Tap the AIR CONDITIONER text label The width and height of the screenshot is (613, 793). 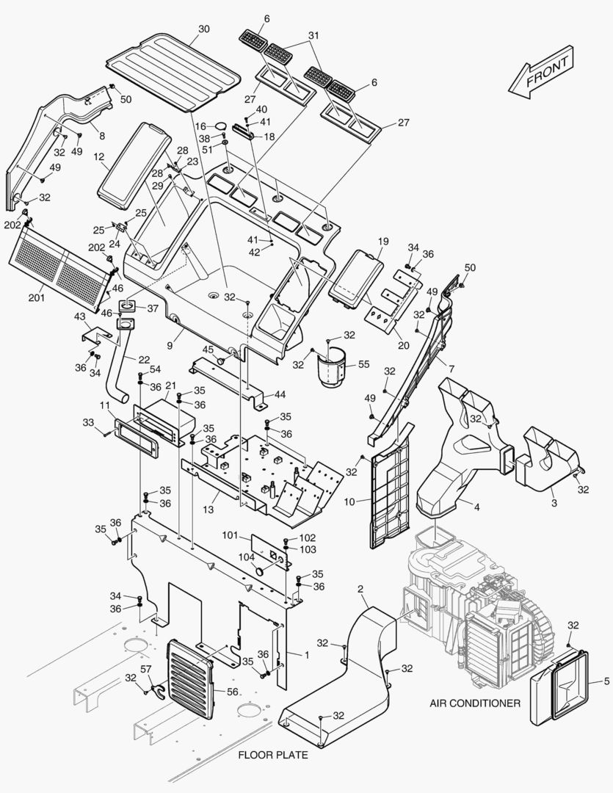click(475, 703)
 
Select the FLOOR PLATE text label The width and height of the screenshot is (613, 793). click(272, 755)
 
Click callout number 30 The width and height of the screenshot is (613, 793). click(204, 29)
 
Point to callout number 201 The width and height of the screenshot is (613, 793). click(37, 297)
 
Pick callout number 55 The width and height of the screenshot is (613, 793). click(363, 363)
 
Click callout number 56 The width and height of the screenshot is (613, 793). click(232, 691)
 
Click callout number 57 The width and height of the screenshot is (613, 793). click(145, 670)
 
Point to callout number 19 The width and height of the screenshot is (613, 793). click(383, 241)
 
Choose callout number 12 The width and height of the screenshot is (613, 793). click(99, 156)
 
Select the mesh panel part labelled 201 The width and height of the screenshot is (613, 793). click(62, 261)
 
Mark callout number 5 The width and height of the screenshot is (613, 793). click(606, 681)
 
